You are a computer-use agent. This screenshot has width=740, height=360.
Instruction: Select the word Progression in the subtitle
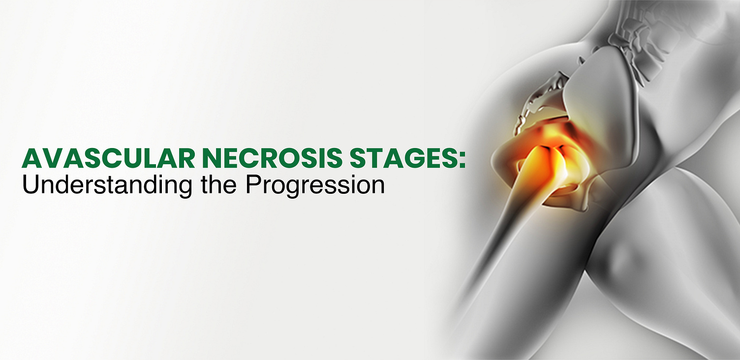point(315,186)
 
